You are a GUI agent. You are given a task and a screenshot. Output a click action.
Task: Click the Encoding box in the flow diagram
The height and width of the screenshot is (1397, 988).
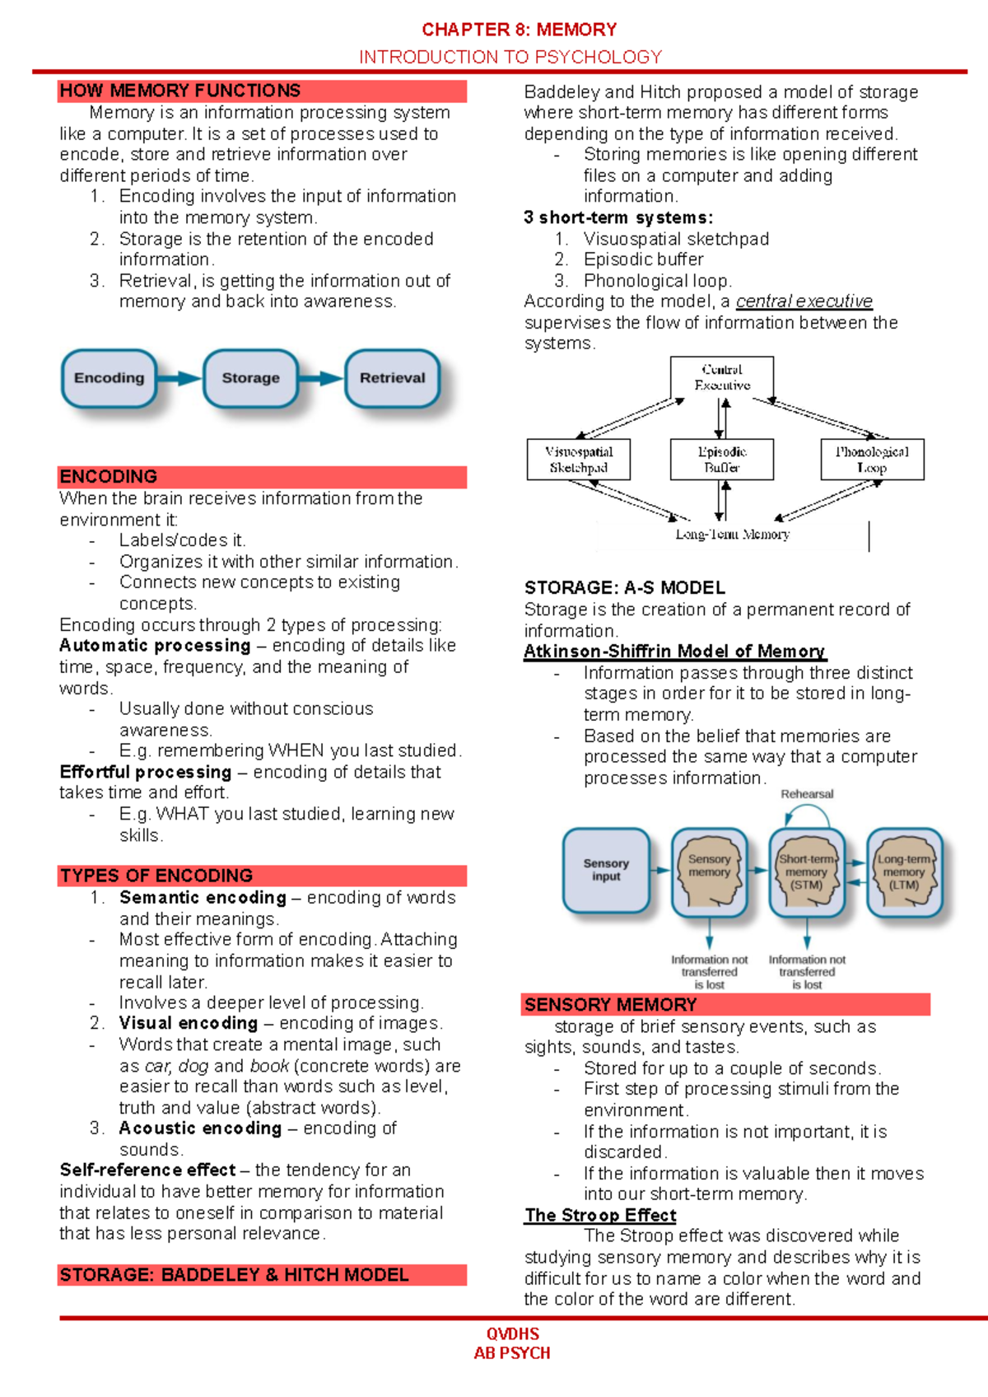pyautogui.click(x=109, y=378)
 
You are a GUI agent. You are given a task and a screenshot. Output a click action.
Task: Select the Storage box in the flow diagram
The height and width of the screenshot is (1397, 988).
pyautogui.click(x=250, y=378)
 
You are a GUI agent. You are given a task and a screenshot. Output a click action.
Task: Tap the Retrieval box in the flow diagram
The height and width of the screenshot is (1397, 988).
pyautogui.click(x=392, y=378)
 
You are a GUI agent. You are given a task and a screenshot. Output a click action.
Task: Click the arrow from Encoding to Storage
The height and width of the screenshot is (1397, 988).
pyautogui.click(x=179, y=378)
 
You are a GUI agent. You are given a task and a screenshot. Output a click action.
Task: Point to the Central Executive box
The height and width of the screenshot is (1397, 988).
pyautogui.click(x=722, y=377)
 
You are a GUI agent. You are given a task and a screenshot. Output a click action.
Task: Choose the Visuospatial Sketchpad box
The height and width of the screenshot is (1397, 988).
pyautogui.click(x=579, y=460)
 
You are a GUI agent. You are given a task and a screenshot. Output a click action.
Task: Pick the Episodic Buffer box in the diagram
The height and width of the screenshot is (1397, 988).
pyautogui.click(x=722, y=460)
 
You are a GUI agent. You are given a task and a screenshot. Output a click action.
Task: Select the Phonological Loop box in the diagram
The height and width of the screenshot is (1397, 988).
pyautogui.click(x=872, y=460)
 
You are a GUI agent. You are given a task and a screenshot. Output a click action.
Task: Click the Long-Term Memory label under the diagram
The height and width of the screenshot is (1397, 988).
pyautogui.click(x=732, y=535)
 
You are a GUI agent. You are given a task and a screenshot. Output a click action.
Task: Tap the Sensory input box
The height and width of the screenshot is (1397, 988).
pyautogui.click(x=606, y=871)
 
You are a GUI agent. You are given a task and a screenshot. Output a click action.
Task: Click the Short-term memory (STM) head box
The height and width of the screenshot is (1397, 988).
pyautogui.click(x=807, y=872)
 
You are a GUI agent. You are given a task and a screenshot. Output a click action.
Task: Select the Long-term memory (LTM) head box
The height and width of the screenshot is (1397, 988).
pyautogui.click(x=904, y=872)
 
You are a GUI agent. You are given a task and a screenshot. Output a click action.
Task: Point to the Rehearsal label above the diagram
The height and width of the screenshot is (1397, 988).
pyautogui.click(x=807, y=794)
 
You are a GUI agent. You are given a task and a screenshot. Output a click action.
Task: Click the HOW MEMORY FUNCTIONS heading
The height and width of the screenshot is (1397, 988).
pyautogui.click(x=180, y=91)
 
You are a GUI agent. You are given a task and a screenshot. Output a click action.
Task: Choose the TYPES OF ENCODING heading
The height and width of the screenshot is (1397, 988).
pyautogui.click(x=156, y=876)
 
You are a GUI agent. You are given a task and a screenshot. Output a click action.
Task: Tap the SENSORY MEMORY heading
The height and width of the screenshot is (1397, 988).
pyautogui.click(x=610, y=1005)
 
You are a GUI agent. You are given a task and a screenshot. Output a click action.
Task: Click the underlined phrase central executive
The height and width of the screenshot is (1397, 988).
pyautogui.click(x=804, y=301)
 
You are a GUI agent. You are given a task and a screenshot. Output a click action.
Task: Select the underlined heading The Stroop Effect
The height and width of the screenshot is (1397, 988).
pyautogui.click(x=600, y=1216)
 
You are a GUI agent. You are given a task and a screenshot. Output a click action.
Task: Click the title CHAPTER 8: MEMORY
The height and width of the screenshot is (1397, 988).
pyautogui.click(x=519, y=30)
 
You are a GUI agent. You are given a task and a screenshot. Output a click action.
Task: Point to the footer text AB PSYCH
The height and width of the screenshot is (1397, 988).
pyautogui.click(x=512, y=1353)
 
